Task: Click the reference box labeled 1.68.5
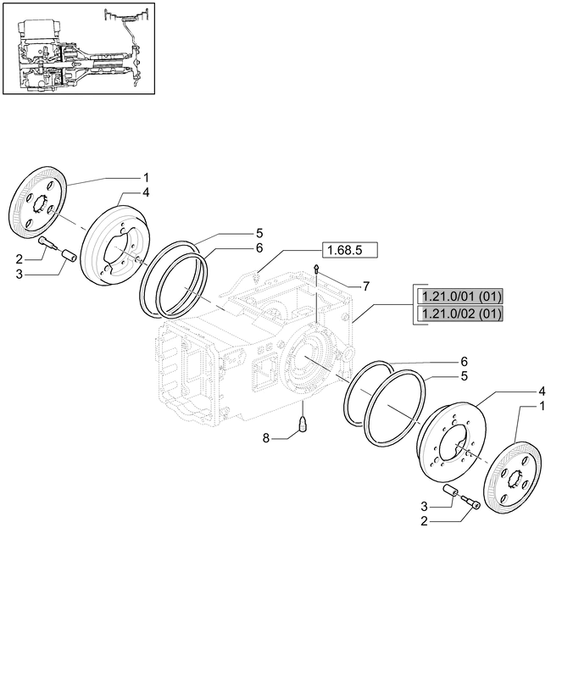tap(349, 250)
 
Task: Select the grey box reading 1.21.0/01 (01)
tap(459, 296)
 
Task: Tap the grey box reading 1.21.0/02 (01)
tap(459, 314)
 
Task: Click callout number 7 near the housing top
tap(366, 286)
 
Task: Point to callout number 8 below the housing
tap(265, 438)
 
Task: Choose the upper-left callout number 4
tap(146, 192)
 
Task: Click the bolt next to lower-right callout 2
tap(470, 505)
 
